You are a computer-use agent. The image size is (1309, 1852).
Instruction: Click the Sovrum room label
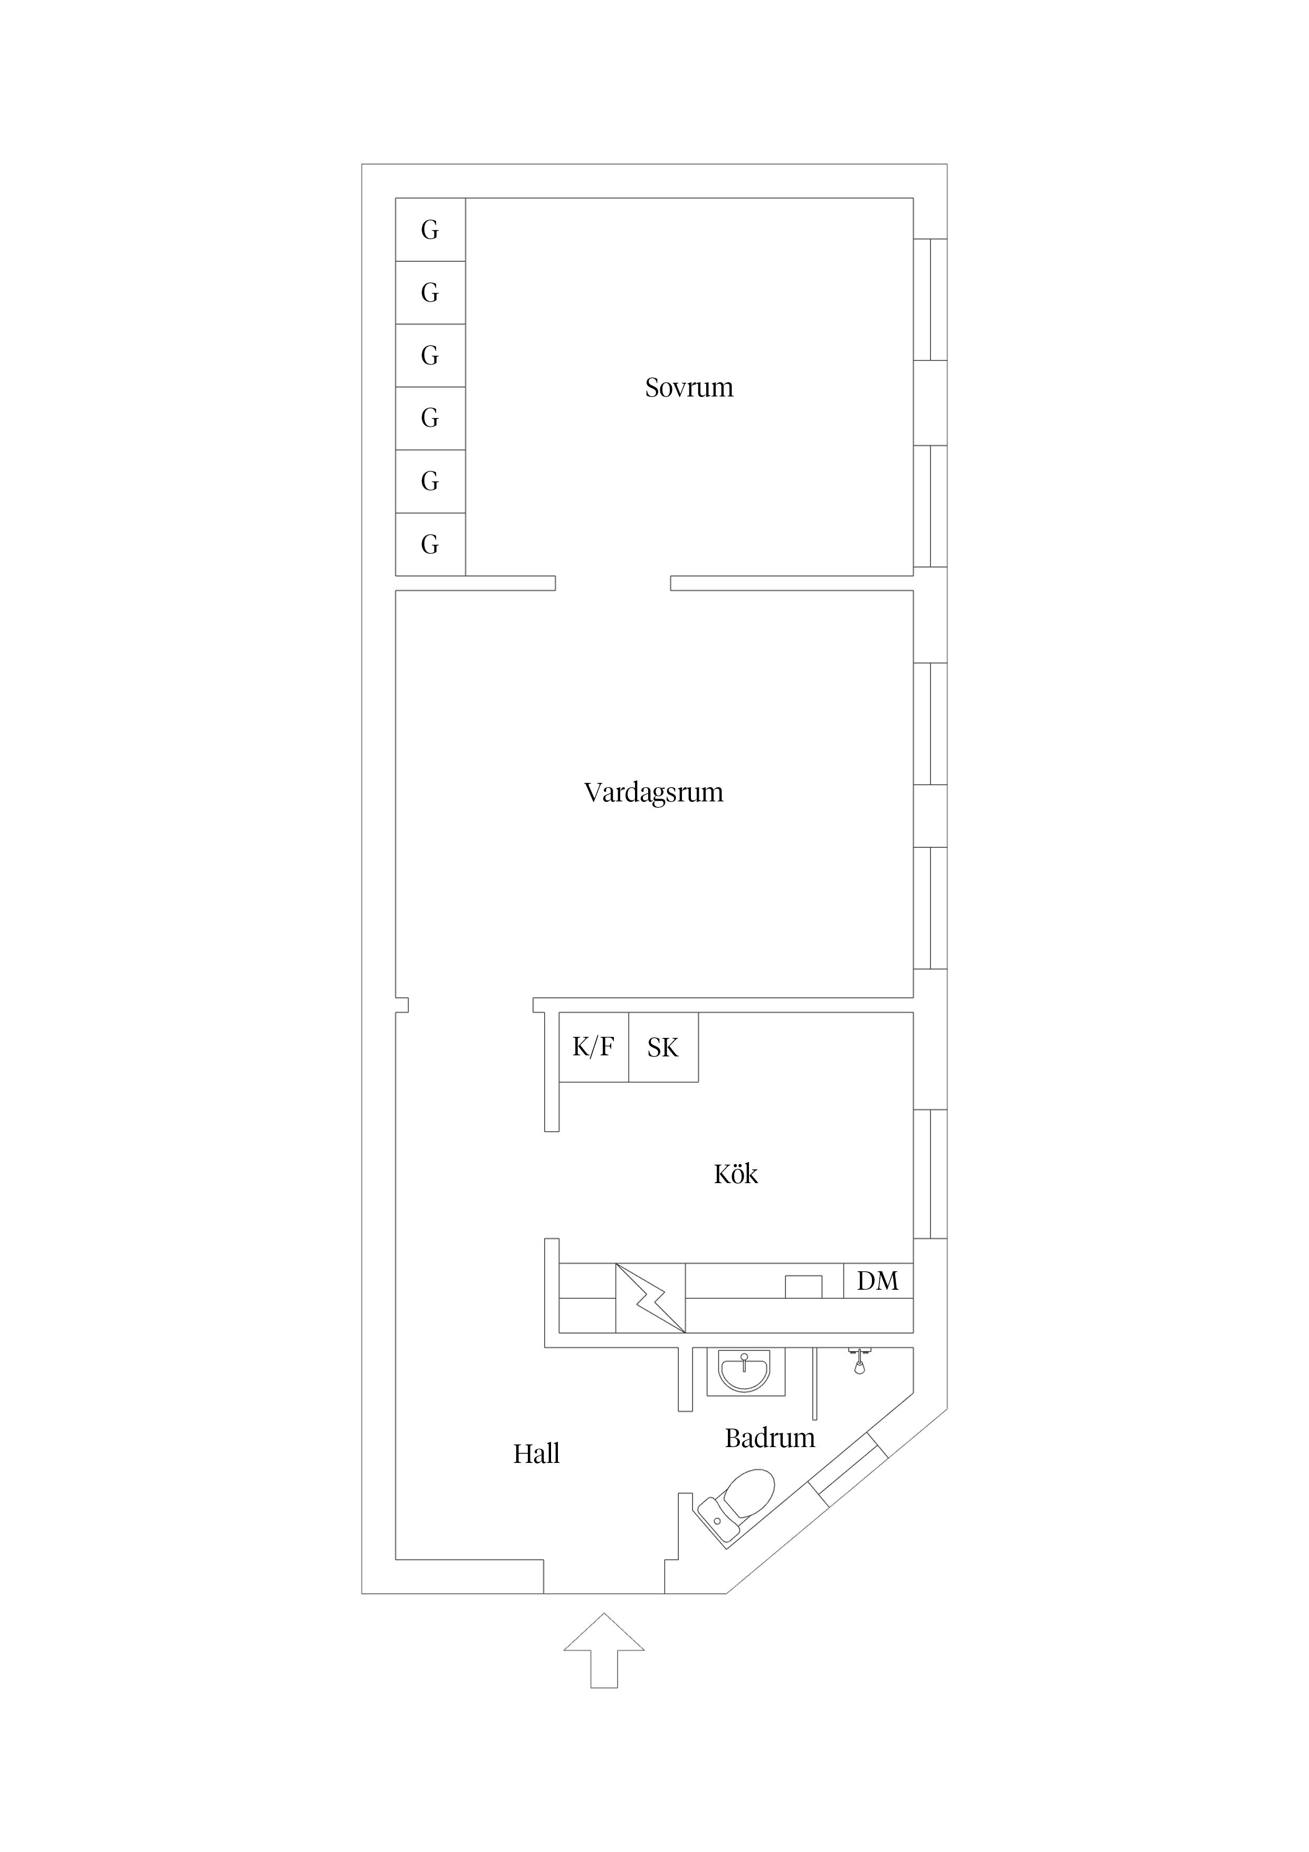(x=689, y=388)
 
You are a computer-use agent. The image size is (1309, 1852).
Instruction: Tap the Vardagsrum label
(x=653, y=793)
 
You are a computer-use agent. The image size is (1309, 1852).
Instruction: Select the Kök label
(x=736, y=1175)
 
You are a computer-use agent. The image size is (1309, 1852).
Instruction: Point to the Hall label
(x=536, y=1454)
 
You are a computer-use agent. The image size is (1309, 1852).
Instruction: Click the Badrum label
(x=770, y=1438)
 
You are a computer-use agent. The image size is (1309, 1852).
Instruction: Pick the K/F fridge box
(x=594, y=1047)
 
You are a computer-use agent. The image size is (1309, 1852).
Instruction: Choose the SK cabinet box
(x=663, y=1047)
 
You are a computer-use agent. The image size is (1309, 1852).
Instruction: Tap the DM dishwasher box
(x=878, y=1281)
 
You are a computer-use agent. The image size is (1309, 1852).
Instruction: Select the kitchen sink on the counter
(x=803, y=1287)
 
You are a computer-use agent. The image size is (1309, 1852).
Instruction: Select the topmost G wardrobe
(x=430, y=230)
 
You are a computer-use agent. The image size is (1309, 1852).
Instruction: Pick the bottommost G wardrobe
(x=430, y=544)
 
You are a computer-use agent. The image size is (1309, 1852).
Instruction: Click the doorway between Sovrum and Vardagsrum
(x=613, y=583)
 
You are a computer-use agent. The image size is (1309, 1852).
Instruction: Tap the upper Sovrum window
(x=930, y=299)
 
